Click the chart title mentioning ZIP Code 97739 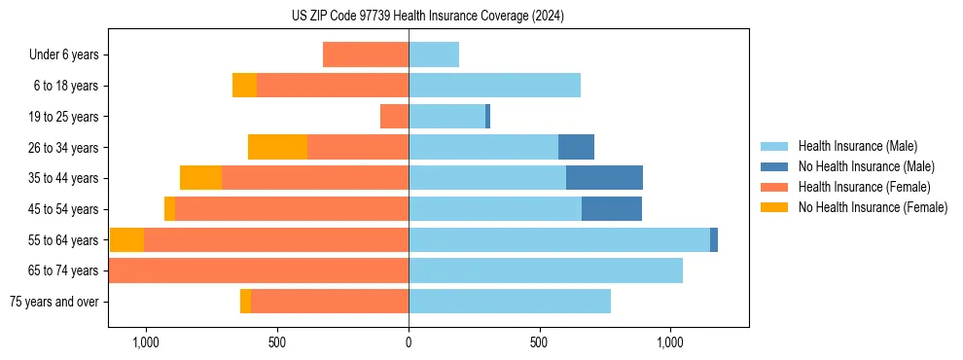[427, 17]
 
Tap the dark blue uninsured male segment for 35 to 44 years [604, 178]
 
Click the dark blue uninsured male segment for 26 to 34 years [576, 147]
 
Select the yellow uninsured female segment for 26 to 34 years [277, 147]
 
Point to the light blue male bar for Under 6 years [434, 55]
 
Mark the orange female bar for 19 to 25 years [394, 117]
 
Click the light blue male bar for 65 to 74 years [545, 270]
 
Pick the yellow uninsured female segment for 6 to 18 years [244, 86]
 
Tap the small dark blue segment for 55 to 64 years [714, 239]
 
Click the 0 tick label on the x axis [409, 343]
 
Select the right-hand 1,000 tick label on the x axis [670, 343]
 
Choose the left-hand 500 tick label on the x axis [276, 343]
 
